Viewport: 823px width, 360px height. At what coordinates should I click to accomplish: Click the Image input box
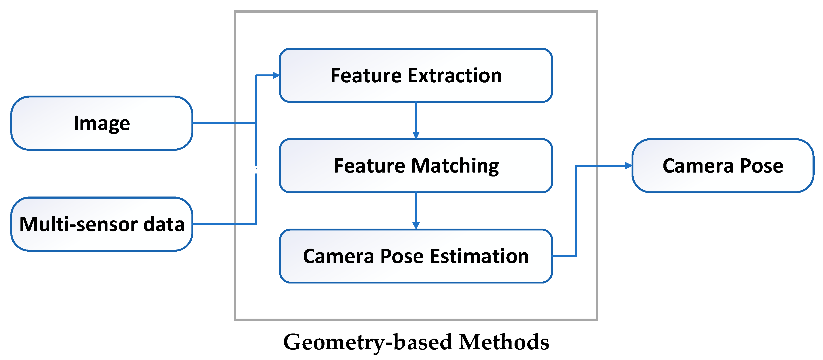coord(102,123)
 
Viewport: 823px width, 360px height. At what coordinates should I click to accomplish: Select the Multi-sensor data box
coord(102,224)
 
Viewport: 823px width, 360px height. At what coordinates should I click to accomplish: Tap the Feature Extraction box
coord(416,75)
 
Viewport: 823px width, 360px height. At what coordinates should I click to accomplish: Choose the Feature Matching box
coord(416,166)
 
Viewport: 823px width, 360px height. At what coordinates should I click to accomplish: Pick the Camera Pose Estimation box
coord(416,256)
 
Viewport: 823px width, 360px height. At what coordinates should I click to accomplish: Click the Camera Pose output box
coord(723,166)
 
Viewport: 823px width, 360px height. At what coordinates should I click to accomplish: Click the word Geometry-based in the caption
coord(367,342)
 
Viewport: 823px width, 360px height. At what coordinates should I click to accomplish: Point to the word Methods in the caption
coord(504,342)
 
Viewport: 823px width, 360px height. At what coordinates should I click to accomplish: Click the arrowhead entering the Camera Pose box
coord(629,166)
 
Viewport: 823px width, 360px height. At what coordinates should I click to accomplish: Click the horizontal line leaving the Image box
coord(224,123)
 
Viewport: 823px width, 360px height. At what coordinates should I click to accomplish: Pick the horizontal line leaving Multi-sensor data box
coord(224,224)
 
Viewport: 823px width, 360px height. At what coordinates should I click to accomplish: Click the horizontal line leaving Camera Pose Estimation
coord(564,256)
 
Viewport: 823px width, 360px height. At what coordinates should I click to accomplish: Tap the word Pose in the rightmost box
coord(761,166)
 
